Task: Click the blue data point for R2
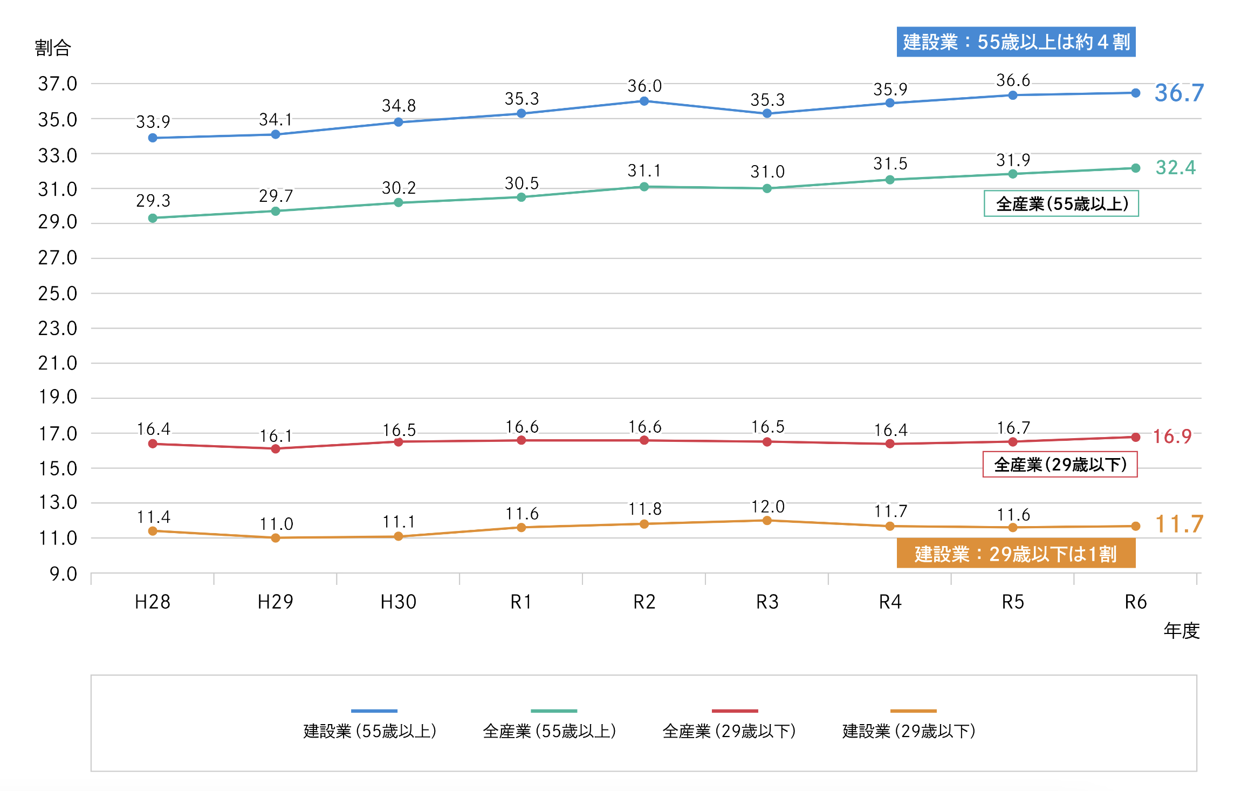(x=644, y=101)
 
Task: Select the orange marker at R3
(x=767, y=521)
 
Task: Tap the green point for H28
(x=153, y=218)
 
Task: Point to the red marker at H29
(x=276, y=449)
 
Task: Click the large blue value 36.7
(x=1178, y=93)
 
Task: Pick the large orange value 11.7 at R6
(x=1178, y=524)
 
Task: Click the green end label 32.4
(x=1175, y=168)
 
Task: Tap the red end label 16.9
(x=1171, y=436)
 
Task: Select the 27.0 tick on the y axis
(x=57, y=258)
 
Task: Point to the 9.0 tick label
(x=63, y=574)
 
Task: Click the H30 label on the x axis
(x=398, y=602)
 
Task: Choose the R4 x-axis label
(x=890, y=602)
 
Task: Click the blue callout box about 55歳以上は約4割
(x=1016, y=42)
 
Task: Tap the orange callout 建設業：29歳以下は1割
(x=1016, y=554)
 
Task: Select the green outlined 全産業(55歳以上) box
(x=1061, y=204)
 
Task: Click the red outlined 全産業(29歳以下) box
(x=1060, y=465)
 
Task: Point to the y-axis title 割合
(x=53, y=48)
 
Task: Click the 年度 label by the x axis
(x=1181, y=630)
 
